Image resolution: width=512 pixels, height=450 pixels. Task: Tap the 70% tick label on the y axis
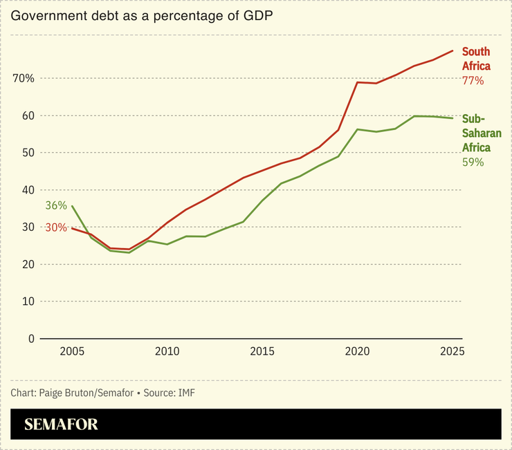coord(23,78)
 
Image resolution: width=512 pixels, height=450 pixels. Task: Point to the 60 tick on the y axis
coord(28,115)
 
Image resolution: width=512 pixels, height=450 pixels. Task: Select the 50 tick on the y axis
coord(28,153)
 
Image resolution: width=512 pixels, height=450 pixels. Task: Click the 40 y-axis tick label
coord(28,190)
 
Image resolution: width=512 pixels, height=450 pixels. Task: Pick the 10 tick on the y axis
coord(28,301)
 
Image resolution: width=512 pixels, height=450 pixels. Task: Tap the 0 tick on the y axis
coord(31,339)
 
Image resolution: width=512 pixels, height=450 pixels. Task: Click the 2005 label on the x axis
coord(72,352)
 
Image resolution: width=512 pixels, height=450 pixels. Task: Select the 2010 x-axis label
coord(167,352)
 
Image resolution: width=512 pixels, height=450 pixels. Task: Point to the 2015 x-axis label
coord(262,352)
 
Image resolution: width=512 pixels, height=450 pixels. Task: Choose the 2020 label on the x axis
coord(358,352)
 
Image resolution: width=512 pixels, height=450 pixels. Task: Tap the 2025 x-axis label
coord(452,352)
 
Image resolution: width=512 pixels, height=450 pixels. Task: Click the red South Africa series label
coord(476,59)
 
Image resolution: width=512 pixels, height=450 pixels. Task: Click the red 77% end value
coord(473,81)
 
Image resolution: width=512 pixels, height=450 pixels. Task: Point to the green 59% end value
coord(473,162)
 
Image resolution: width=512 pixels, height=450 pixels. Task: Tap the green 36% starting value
coord(56,205)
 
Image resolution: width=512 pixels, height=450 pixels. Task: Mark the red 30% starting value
coord(56,227)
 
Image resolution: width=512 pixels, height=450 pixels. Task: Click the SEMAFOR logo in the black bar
coord(62,424)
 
